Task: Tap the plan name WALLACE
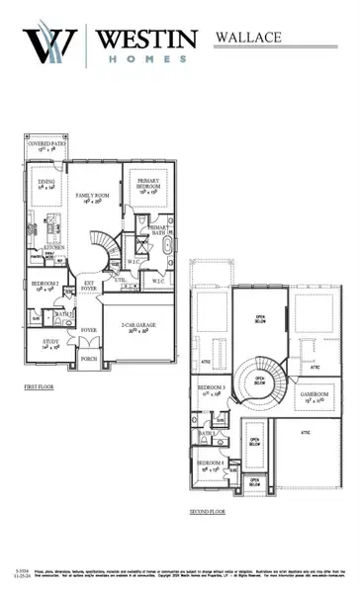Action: pos(246,37)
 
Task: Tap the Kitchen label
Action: pos(41,247)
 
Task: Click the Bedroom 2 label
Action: pos(43,290)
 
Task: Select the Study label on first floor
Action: pos(48,343)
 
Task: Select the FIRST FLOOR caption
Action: pos(40,389)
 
